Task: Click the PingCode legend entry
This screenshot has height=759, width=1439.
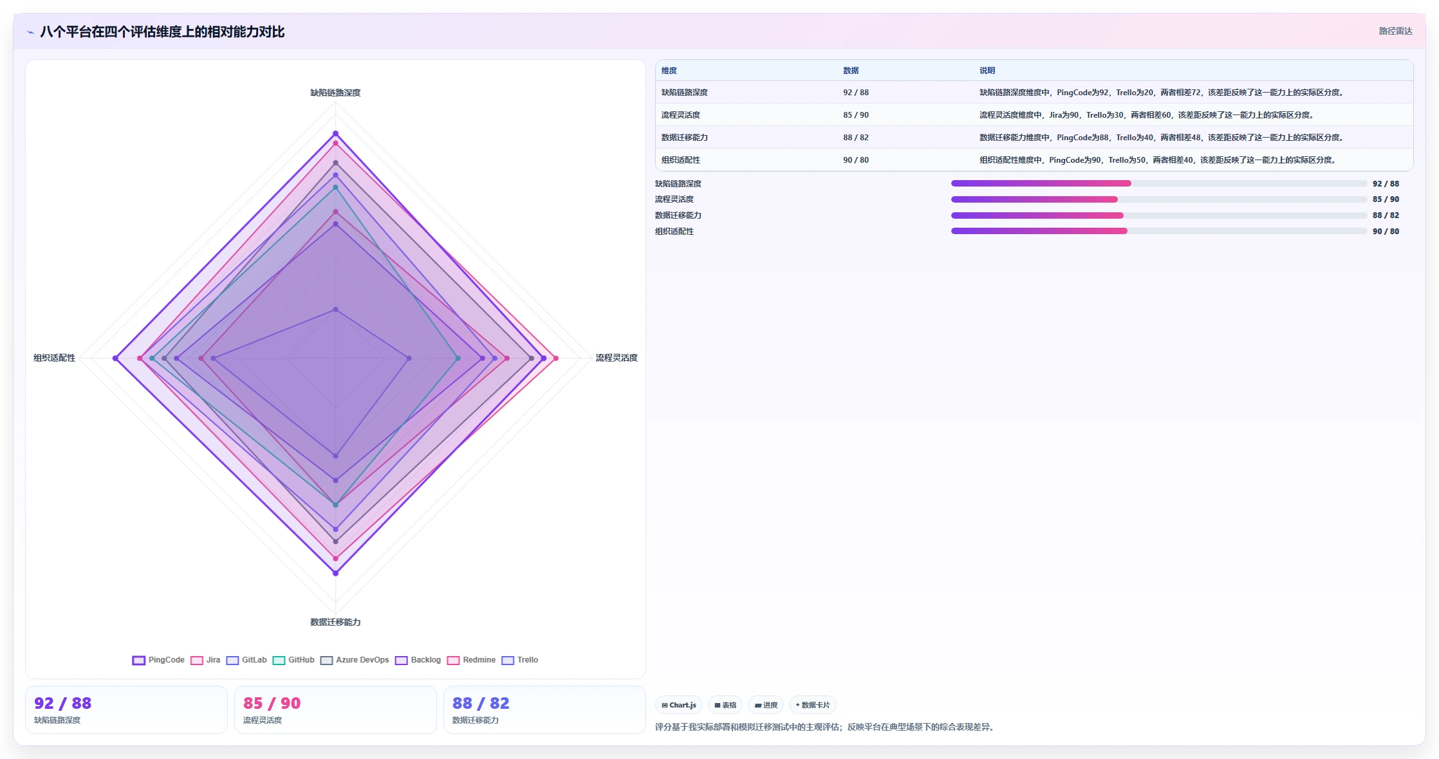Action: (x=158, y=660)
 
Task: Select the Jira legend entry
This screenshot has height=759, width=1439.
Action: (x=205, y=660)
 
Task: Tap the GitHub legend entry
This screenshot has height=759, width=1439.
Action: (x=293, y=660)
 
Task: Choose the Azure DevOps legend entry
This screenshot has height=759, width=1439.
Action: (x=355, y=660)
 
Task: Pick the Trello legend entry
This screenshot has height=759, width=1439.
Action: (x=520, y=660)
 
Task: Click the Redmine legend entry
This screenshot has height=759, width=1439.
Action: (x=472, y=660)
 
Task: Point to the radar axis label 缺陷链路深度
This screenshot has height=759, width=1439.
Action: (x=335, y=93)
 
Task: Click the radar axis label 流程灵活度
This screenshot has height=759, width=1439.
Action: (x=617, y=358)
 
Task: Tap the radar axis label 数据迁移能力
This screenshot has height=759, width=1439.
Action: (x=335, y=622)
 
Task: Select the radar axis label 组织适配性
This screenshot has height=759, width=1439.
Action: (x=55, y=358)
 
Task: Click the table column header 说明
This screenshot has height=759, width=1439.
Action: (x=987, y=71)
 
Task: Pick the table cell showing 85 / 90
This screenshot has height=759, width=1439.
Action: (x=856, y=115)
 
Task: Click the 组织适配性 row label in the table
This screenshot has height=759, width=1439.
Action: (x=681, y=160)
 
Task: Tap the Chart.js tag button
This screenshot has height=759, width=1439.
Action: (x=679, y=705)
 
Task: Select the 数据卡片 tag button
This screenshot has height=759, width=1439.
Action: (x=813, y=705)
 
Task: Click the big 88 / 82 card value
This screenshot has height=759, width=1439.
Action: (x=481, y=703)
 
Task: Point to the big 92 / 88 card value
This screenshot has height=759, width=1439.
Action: (x=63, y=703)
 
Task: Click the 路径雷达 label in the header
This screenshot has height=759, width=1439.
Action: (x=1395, y=32)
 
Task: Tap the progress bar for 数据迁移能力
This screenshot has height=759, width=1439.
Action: (x=1159, y=215)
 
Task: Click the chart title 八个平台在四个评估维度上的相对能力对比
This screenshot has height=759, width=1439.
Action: (x=162, y=32)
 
